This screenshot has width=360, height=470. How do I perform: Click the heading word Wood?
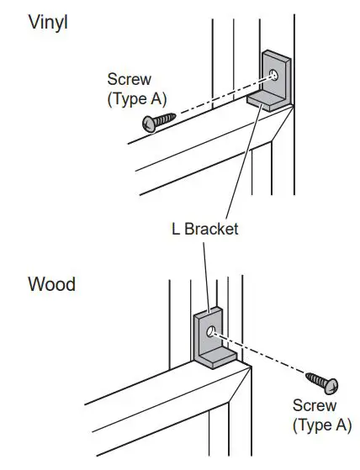pyautogui.click(x=51, y=284)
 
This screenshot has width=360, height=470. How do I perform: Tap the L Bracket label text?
pyautogui.click(x=205, y=229)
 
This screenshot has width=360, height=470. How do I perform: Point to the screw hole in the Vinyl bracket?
pyautogui.click(x=276, y=76)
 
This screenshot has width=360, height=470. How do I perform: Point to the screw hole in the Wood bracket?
pyautogui.click(x=212, y=330)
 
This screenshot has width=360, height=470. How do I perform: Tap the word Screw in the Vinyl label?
pyautogui.click(x=129, y=80)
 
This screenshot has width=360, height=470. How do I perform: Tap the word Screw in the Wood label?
pyautogui.click(x=314, y=407)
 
